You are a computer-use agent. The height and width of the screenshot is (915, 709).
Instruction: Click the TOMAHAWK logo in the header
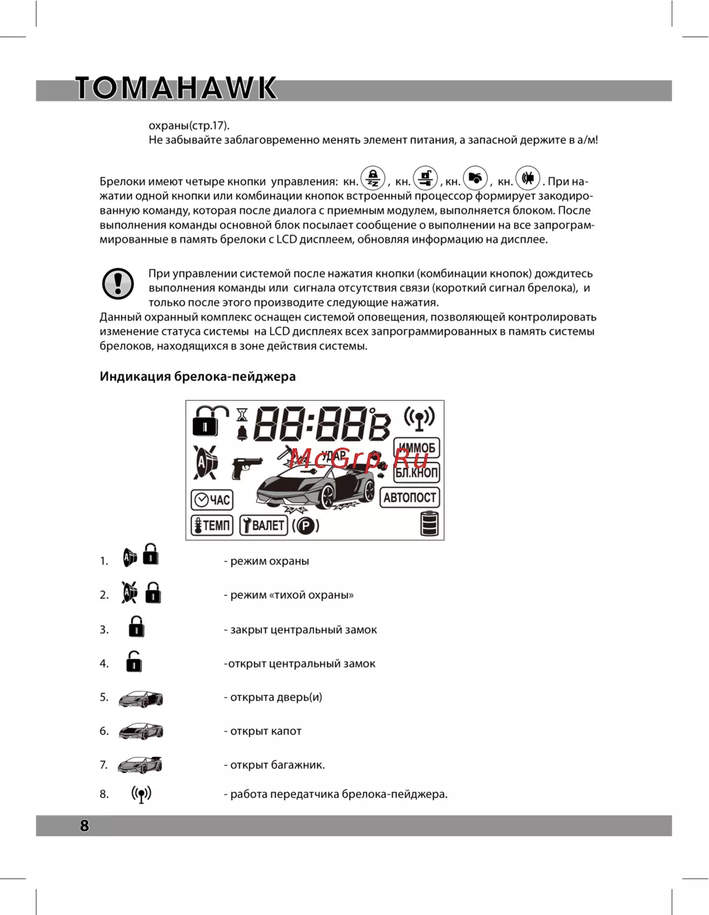click(176, 89)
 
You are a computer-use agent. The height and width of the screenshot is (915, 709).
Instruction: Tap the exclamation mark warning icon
click(118, 284)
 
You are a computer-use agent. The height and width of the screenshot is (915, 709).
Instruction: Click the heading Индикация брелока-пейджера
click(197, 377)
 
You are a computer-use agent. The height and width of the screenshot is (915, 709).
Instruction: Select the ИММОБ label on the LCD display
click(417, 448)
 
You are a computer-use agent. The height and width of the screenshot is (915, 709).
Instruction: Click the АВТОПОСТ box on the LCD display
click(410, 498)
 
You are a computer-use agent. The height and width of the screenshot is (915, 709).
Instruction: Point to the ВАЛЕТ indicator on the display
click(263, 526)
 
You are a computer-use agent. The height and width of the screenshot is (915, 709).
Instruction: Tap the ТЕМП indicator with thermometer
click(212, 526)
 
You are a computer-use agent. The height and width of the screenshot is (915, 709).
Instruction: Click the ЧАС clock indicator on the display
click(212, 500)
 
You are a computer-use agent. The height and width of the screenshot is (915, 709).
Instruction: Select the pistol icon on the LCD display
click(247, 467)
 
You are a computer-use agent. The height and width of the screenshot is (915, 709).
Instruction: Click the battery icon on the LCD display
click(430, 524)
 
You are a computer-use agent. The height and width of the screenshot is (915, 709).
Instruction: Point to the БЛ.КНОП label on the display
click(417, 472)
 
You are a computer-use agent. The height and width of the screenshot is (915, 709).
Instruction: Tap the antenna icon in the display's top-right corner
click(419, 418)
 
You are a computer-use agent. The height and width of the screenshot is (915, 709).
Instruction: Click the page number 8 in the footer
click(85, 826)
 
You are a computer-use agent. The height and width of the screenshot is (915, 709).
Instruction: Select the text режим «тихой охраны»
click(291, 595)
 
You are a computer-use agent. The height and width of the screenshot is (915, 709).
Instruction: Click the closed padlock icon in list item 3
click(136, 627)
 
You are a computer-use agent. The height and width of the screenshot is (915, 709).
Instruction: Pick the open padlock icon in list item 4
click(134, 661)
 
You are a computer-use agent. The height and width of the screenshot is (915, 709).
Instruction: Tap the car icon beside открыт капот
click(140, 731)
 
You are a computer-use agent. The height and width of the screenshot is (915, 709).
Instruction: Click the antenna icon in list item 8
click(141, 794)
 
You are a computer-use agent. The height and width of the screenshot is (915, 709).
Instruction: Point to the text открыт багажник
click(277, 765)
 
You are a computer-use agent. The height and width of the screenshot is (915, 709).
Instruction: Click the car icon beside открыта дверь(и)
click(140, 699)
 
